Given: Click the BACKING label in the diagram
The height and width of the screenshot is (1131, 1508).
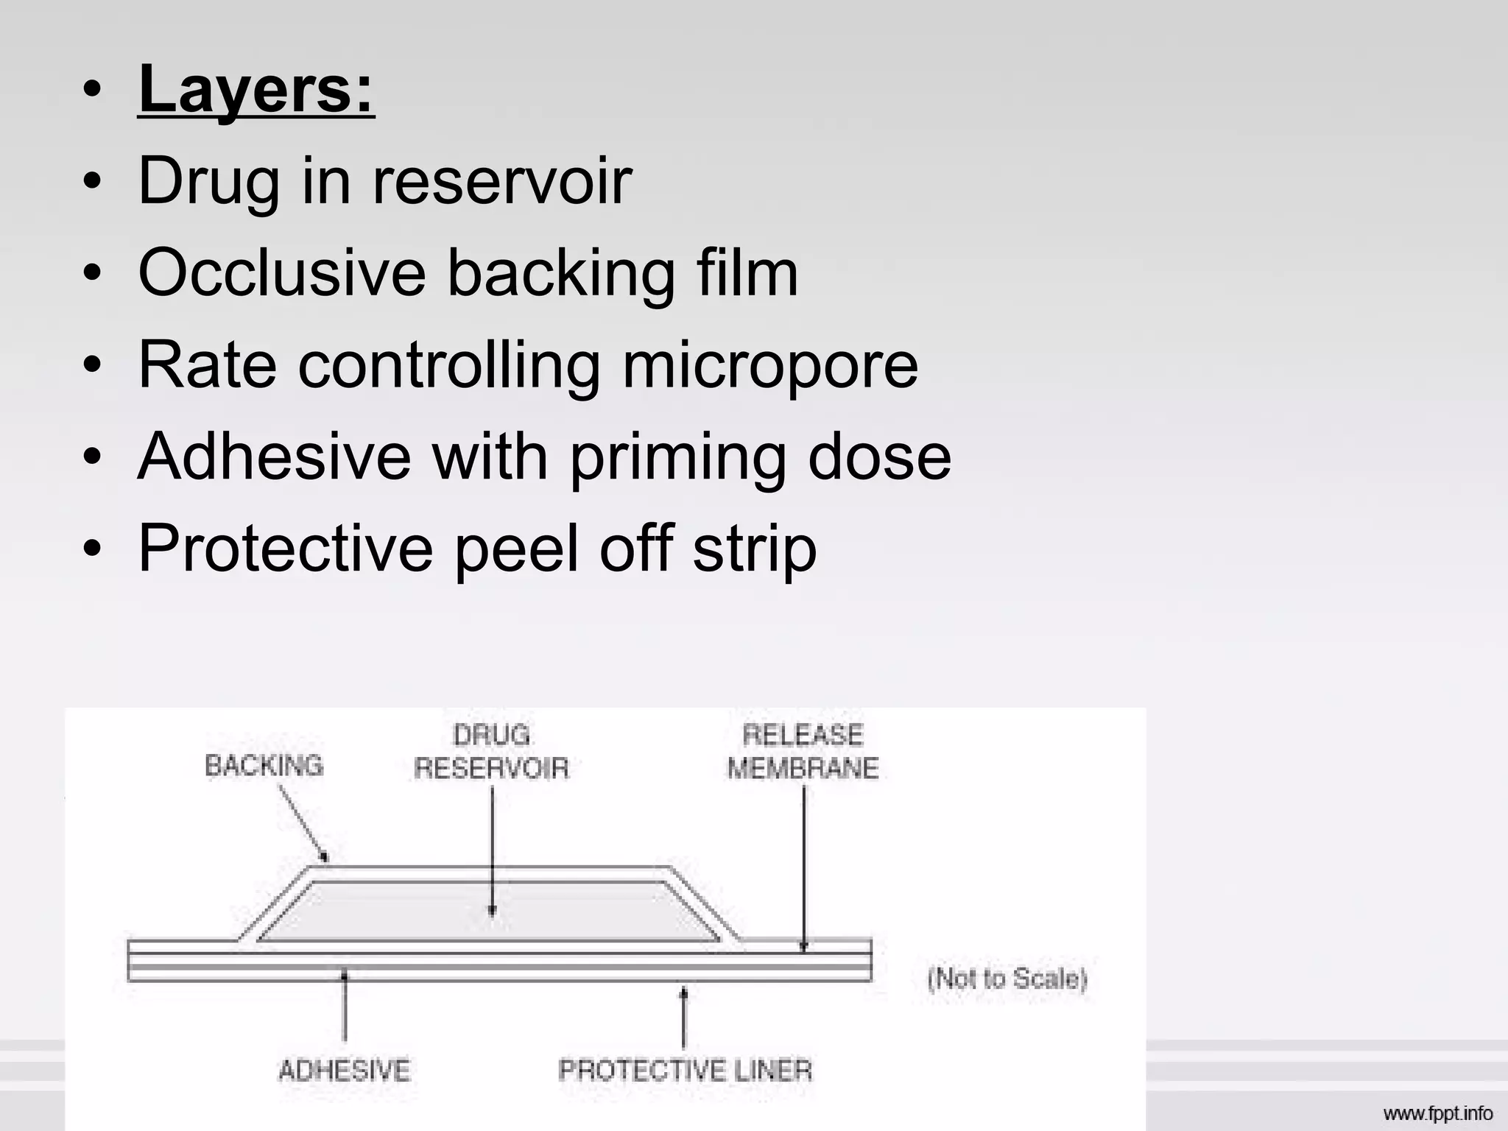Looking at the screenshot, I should click(264, 766).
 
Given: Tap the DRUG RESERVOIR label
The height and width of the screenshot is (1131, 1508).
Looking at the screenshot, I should click(491, 752).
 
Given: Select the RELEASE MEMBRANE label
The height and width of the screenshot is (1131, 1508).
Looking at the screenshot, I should click(803, 752).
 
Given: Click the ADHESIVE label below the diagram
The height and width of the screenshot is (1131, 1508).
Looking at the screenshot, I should click(344, 1070).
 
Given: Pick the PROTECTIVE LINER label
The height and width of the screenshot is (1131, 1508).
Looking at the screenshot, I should click(685, 1070).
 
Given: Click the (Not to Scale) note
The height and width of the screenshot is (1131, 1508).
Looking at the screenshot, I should click(1007, 979).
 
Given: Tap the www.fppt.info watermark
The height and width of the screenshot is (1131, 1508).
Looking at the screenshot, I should click(1437, 1113).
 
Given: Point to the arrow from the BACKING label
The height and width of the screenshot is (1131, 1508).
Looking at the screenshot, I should click(303, 822).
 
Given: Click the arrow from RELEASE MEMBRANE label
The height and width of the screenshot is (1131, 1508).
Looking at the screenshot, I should click(803, 869).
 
